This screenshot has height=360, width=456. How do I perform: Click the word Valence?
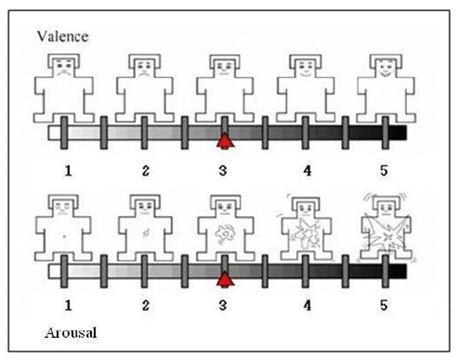(x=62, y=36)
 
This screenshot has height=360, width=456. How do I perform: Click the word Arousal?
(x=71, y=333)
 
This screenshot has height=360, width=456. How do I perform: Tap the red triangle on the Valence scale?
(x=225, y=140)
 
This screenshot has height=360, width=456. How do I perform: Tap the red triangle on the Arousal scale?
(x=225, y=279)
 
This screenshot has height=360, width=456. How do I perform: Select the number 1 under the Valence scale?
(x=68, y=170)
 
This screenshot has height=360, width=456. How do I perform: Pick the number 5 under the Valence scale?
(x=384, y=170)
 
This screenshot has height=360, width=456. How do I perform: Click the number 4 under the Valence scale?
(x=307, y=170)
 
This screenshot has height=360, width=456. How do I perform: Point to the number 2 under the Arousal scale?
(x=145, y=305)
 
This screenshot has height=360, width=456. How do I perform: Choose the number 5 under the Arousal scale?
(x=384, y=305)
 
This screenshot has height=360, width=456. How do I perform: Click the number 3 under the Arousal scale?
(x=223, y=305)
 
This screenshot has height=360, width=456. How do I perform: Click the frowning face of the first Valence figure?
(x=64, y=68)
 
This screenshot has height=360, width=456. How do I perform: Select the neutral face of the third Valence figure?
(x=225, y=68)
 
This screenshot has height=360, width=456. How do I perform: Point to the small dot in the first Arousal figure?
(x=64, y=236)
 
